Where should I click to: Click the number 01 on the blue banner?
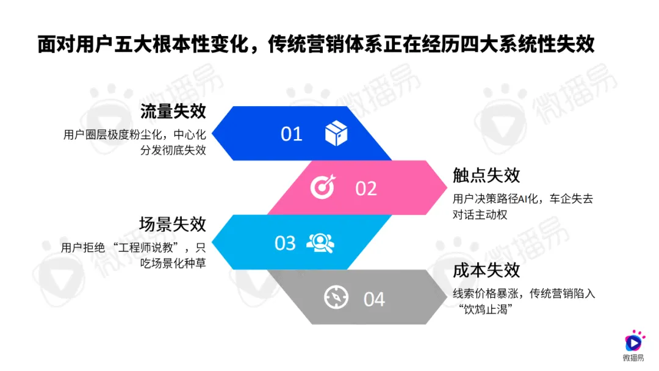(x=291, y=134)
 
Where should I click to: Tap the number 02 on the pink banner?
(x=366, y=189)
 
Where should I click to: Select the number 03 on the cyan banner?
(x=285, y=243)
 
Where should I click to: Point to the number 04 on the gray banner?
(x=374, y=299)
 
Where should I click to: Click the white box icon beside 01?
(x=336, y=133)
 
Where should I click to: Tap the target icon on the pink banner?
(x=323, y=187)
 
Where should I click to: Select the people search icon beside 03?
(x=321, y=243)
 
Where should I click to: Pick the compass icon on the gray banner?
(x=336, y=297)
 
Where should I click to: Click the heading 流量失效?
(x=173, y=111)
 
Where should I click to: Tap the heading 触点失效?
(x=486, y=175)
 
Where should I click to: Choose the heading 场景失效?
(x=173, y=225)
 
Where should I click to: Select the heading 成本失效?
(x=486, y=270)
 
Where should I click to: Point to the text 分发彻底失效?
(x=173, y=150)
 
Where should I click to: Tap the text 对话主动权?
(x=480, y=215)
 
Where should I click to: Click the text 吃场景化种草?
(x=173, y=263)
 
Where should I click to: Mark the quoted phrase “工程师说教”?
(x=146, y=248)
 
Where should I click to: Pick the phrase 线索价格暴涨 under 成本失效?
(x=486, y=294)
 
